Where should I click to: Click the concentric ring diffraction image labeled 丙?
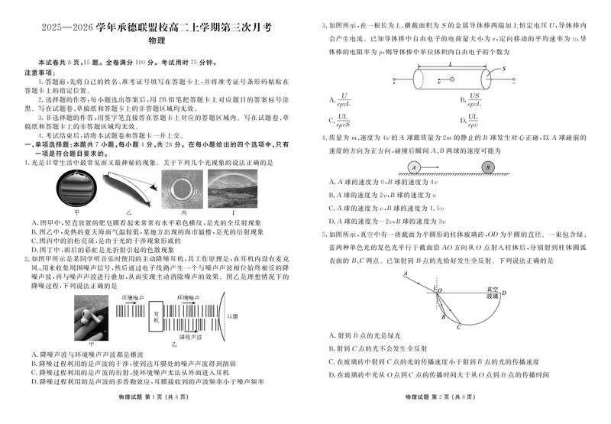pos(183,189)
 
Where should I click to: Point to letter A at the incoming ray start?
pos(406,273)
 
